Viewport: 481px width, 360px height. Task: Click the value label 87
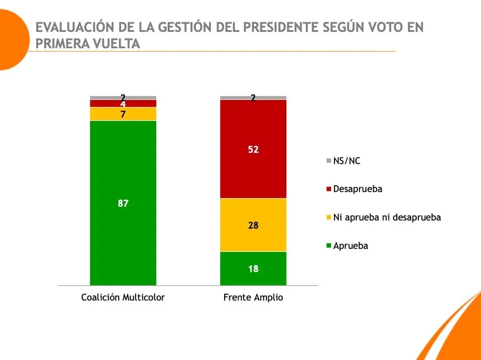[123, 203]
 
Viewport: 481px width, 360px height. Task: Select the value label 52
[253, 150]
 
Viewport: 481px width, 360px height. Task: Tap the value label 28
[253, 225]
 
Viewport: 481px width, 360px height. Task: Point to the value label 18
[253, 269]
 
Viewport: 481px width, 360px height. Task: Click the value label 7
[123, 114]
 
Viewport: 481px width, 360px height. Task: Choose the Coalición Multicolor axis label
[123, 298]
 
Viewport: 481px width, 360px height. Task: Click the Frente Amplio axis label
[253, 298]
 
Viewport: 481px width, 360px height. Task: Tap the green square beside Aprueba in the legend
[329, 246]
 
